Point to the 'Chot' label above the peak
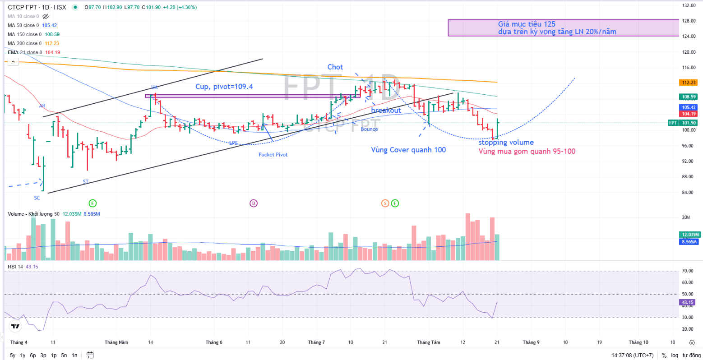335,67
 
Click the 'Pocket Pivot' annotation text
273,155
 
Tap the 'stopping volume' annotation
506,143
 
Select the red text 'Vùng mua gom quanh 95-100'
527,152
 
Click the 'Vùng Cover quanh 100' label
408,150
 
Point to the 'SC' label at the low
37,198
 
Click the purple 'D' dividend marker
254,203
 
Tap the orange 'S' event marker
385,203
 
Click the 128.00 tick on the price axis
689,21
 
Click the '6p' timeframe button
33,355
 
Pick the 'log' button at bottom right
675,355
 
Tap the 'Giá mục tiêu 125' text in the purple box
527,24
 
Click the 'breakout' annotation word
386,111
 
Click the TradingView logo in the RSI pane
15,326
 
